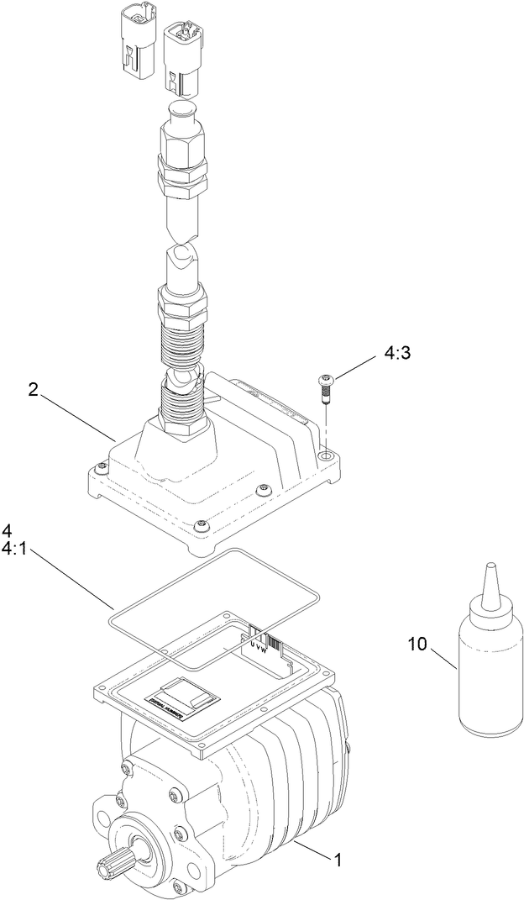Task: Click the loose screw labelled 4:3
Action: pos(324,389)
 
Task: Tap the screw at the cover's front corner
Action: pos(201,526)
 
